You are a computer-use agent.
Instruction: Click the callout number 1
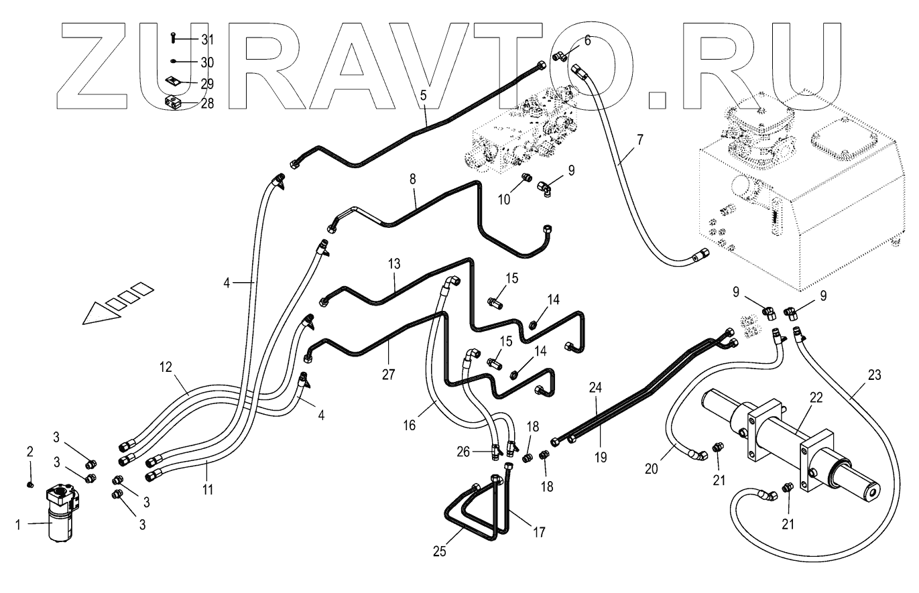[x=17, y=525]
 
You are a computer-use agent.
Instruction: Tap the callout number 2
[x=29, y=452]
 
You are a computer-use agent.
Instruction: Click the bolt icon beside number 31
[x=174, y=38]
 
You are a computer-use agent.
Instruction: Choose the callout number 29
[x=207, y=84]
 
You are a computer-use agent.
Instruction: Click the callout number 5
[x=424, y=95]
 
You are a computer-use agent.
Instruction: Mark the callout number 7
[x=640, y=139]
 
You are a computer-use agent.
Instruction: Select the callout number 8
[x=412, y=179]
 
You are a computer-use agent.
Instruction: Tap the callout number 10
[x=504, y=200]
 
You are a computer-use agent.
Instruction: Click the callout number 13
[x=394, y=264]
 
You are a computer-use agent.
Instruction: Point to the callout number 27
[x=388, y=375]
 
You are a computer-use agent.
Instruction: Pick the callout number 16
[x=409, y=425]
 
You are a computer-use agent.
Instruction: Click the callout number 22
[x=816, y=397]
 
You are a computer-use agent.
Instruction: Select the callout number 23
[x=874, y=375]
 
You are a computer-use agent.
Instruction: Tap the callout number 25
[x=439, y=551]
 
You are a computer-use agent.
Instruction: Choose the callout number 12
[x=166, y=367]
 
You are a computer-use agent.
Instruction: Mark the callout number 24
[x=595, y=387]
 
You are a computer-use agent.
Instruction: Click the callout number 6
[x=587, y=41]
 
